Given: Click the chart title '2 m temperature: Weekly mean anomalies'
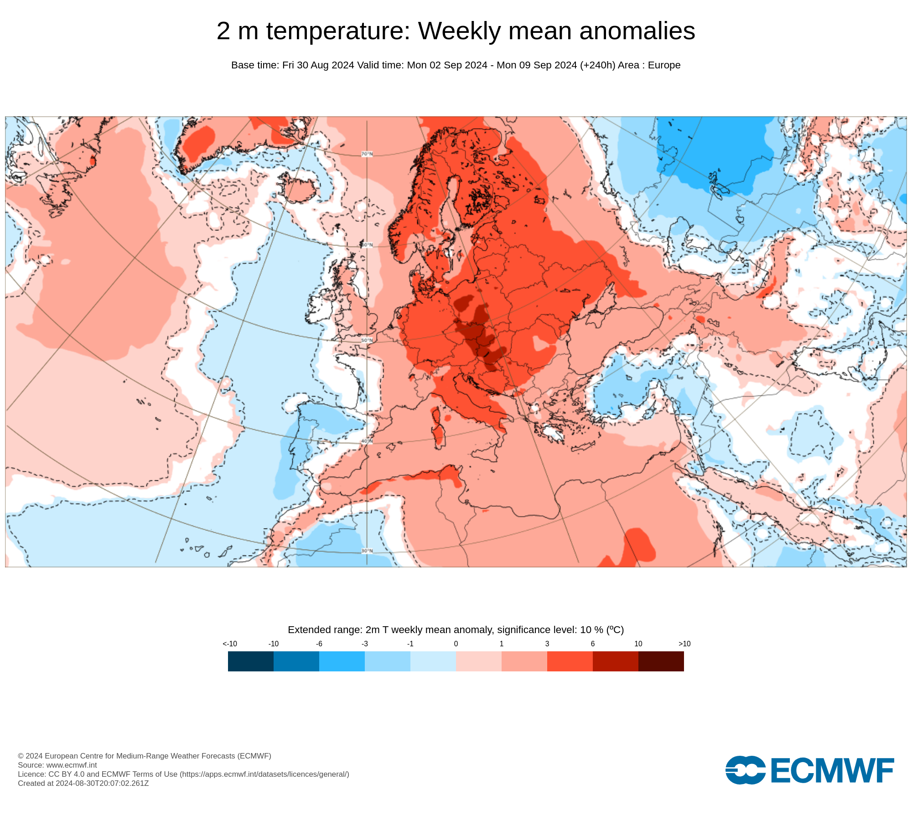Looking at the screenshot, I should [456, 31].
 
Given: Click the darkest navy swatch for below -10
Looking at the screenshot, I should [251, 661].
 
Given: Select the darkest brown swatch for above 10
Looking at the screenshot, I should [661, 661].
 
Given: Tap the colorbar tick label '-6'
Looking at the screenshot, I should [319, 644].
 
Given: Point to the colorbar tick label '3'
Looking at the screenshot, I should [547, 644].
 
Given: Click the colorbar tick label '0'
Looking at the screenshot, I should [456, 644].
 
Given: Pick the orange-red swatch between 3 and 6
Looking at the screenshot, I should [570, 661].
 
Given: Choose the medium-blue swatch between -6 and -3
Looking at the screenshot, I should [342, 661].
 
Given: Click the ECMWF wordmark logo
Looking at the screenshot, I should [810, 770].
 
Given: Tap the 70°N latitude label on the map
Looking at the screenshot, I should [367, 154].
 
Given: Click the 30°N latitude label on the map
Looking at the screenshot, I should [367, 551].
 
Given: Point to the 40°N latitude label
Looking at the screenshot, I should [367, 442].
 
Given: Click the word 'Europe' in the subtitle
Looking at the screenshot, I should [664, 65].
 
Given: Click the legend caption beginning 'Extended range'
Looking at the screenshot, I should [456, 630].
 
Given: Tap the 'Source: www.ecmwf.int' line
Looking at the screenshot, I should [57, 765].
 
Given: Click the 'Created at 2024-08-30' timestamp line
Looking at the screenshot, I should [83, 783].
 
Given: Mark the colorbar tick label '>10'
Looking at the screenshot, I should [684, 644].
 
